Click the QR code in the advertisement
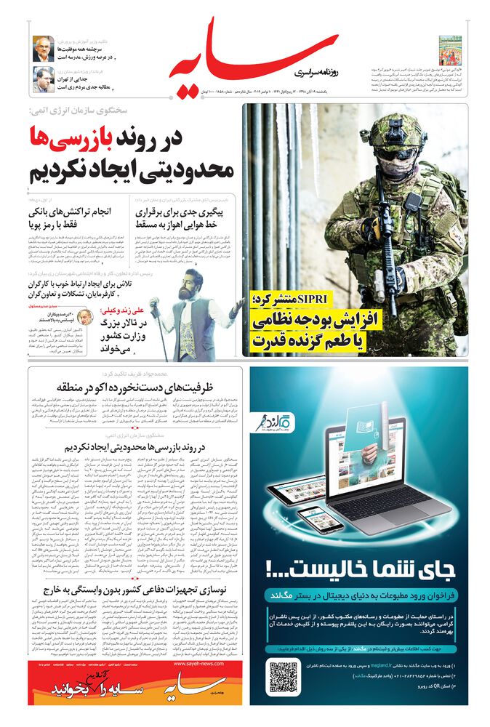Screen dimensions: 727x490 [284, 675]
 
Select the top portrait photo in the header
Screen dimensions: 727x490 [43, 49]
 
